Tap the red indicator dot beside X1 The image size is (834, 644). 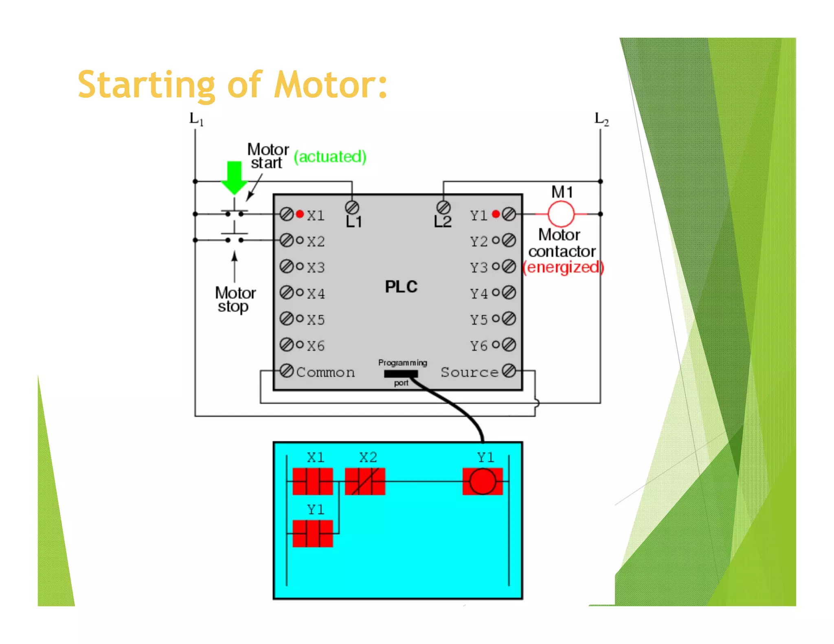[300, 214]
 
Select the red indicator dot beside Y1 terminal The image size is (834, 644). [496, 214]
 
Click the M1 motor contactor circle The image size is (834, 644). [561, 214]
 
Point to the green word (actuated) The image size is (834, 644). [330, 157]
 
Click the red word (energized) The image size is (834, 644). [563, 267]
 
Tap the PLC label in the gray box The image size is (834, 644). [401, 287]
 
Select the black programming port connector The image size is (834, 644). [401, 374]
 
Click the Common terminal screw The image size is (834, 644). [287, 371]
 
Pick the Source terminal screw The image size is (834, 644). [509, 371]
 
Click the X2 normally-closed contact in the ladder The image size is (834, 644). [365, 482]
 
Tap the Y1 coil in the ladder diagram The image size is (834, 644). [483, 482]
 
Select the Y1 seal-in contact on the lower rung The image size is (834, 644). [313, 534]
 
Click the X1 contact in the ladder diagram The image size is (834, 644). [313, 482]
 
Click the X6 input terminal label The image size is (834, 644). [316, 346]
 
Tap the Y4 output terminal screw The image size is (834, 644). [509, 293]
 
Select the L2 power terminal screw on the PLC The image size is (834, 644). [443, 208]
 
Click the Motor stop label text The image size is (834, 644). [235, 300]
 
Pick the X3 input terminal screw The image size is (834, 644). [287, 267]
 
